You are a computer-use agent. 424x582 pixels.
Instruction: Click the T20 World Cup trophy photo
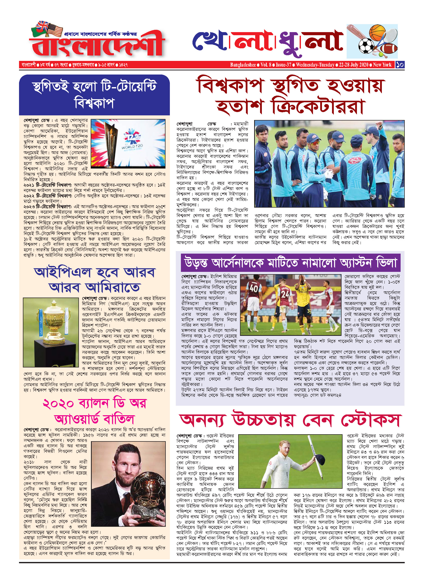128,143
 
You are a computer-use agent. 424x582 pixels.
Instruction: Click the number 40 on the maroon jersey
254,288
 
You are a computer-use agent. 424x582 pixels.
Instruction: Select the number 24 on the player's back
285,294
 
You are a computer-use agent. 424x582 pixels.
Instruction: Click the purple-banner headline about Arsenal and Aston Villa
290,263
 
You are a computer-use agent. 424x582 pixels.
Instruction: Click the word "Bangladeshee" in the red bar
243,65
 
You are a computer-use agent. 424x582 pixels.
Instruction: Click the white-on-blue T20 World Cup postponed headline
94,95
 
